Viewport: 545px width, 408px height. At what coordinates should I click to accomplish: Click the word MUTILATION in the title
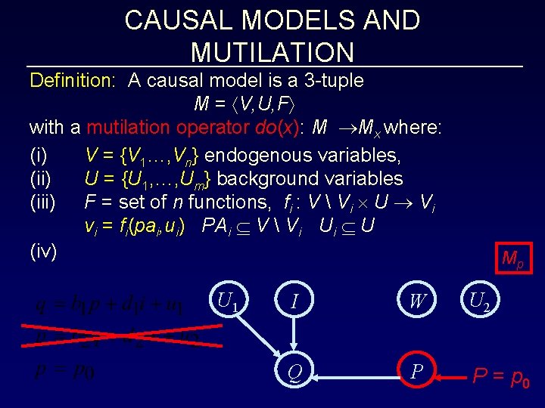pyautogui.click(x=272, y=52)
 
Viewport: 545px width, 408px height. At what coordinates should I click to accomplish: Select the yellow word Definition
pyautogui.click(x=72, y=80)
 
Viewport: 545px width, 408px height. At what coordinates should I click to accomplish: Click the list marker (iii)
pyautogui.click(x=42, y=202)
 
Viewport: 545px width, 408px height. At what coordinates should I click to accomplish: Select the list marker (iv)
pyautogui.click(x=43, y=251)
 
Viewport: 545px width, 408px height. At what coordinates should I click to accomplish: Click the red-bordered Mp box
pyautogui.click(x=512, y=258)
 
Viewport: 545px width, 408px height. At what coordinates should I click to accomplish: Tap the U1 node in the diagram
pyautogui.click(x=227, y=301)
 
